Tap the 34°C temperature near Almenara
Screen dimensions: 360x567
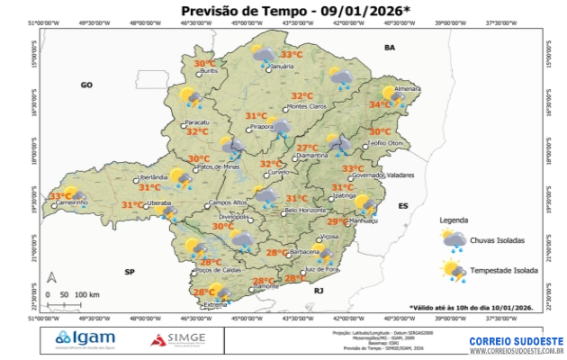click(380, 104)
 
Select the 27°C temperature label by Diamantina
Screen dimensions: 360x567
click(308, 148)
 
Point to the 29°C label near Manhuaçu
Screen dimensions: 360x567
click(337, 222)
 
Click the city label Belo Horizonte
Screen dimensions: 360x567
click(304, 211)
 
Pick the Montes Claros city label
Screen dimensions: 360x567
click(306, 107)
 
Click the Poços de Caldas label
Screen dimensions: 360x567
click(220, 270)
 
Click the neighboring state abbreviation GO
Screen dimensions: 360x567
click(87, 85)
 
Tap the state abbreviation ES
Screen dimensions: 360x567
click(403, 206)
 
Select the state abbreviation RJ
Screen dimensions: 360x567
click(318, 292)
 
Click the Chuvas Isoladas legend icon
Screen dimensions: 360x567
click(453, 240)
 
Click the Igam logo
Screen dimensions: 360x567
click(85, 338)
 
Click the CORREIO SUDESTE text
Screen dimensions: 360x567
click(516, 342)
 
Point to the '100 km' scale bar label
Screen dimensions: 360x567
click(87, 294)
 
